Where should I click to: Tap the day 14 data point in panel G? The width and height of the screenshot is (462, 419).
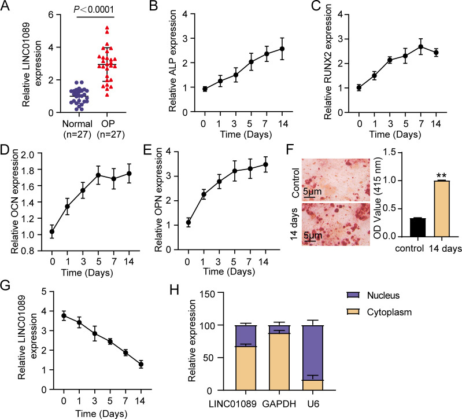141,365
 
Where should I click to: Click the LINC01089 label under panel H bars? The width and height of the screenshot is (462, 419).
249,407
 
